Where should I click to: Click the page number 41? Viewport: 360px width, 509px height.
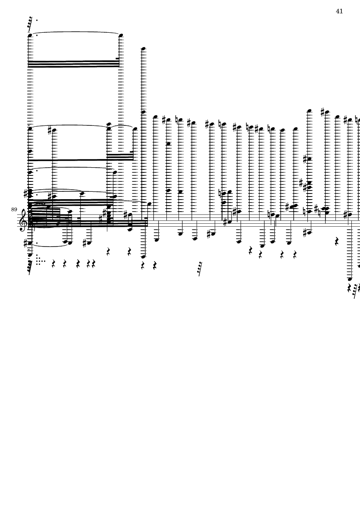tap(339, 11)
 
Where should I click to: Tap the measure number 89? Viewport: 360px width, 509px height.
tap(14, 210)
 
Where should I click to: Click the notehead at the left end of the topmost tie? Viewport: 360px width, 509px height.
tap(30, 35)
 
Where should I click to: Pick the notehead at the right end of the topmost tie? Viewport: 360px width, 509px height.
tap(121, 35)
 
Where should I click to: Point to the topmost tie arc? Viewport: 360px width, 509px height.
tap(75, 32)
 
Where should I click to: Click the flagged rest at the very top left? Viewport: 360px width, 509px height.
tap(30, 23)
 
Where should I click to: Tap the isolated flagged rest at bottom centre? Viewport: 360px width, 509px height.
tap(200, 269)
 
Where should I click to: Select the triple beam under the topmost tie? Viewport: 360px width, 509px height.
tap(73, 64)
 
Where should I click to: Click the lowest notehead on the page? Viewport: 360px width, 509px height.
tap(350, 279)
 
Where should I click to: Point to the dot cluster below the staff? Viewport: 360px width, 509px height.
tap(40, 260)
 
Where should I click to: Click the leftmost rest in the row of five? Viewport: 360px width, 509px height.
tap(53, 264)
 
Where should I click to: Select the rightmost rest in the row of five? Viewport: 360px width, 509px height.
tap(94, 264)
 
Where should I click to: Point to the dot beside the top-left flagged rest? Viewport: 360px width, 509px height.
tap(37, 20)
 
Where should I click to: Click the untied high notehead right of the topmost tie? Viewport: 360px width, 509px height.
tap(143, 49)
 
